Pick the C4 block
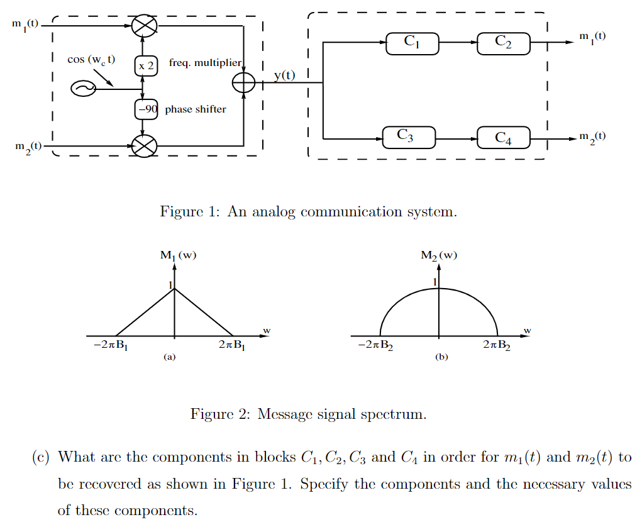(503, 138)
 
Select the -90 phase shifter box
(146, 109)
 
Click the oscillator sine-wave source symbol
(82, 89)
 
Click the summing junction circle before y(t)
(243, 83)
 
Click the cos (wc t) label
(91, 60)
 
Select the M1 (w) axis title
(179, 255)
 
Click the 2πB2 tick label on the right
(497, 345)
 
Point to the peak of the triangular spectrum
(175, 289)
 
